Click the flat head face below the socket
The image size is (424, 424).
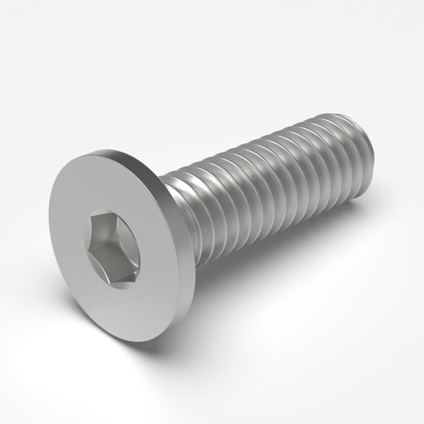point(132,309)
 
